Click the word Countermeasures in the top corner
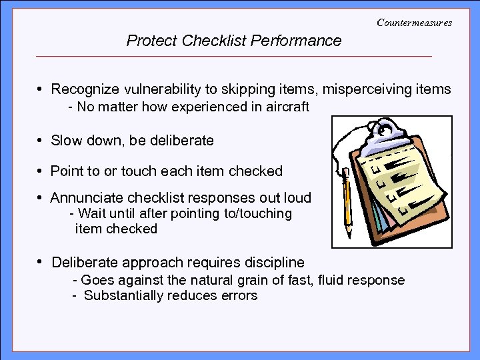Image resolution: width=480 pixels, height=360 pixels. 414,23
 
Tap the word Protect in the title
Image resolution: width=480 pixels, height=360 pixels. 151,41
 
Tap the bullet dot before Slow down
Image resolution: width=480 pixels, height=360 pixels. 41,141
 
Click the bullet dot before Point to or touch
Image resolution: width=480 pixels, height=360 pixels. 41,171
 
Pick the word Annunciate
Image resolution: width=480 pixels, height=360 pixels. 84,198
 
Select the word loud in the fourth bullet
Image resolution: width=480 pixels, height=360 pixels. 297,198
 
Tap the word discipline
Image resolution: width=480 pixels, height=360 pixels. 271,262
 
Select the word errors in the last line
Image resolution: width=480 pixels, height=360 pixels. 239,296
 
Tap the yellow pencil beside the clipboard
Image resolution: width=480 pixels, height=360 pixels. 347,200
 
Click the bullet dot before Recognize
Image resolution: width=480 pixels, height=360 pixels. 41,89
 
